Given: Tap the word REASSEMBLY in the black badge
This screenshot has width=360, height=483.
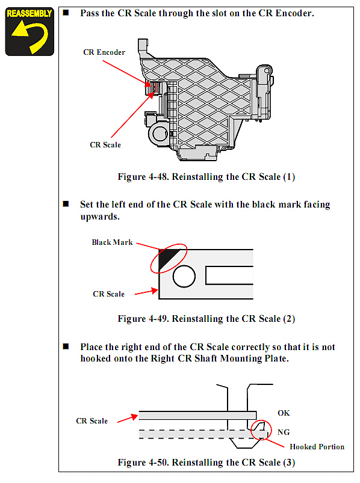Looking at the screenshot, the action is (x=29, y=14).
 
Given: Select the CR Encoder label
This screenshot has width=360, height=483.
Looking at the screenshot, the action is (x=104, y=52).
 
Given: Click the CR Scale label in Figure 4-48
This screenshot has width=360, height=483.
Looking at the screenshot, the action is (x=105, y=145).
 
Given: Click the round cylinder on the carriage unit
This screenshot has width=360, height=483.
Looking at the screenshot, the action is (x=159, y=134).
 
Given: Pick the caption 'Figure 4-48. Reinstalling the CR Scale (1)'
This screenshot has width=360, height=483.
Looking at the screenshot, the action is (x=206, y=177).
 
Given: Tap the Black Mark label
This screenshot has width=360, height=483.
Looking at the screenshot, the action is (x=112, y=242).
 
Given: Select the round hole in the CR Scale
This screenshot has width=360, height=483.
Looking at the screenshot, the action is (x=184, y=276).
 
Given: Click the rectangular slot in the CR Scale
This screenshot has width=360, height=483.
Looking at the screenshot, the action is (x=229, y=275).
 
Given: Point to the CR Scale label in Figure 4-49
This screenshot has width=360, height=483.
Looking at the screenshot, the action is (x=108, y=294).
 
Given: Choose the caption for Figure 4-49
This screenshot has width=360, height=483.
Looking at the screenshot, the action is (x=206, y=319).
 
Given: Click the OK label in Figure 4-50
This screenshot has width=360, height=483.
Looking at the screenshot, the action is (x=284, y=413).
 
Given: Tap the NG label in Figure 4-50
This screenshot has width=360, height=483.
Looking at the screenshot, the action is (x=284, y=432).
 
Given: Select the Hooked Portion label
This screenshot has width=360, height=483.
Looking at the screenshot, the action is (x=317, y=447).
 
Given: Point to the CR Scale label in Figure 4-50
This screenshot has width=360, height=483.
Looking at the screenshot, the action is (x=92, y=421).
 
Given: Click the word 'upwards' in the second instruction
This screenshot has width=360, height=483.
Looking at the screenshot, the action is (x=100, y=217).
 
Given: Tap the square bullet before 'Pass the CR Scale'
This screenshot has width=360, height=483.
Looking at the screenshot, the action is (x=66, y=12).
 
